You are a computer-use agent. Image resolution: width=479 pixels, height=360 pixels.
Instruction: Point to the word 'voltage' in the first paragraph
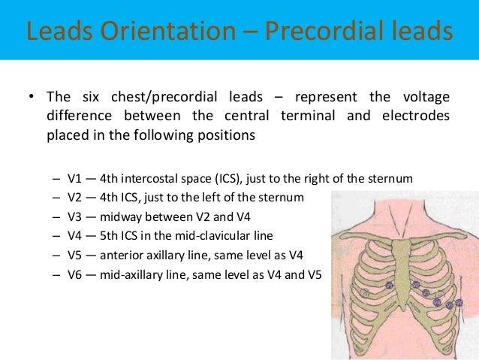(423, 97)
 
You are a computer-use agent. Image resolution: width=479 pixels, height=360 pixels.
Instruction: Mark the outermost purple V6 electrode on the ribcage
(457, 304)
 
